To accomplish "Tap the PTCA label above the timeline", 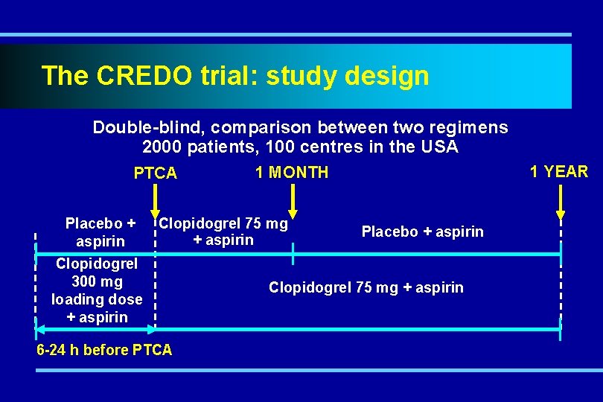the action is (155, 173).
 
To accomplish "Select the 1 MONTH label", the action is (291, 173).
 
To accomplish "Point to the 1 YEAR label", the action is (558, 172).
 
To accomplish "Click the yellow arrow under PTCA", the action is (155, 199).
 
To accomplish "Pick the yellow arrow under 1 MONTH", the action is (293, 201).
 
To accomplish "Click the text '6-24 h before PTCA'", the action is (104, 350).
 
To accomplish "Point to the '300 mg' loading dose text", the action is (97, 281).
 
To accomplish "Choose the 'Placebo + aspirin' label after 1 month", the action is (422, 232).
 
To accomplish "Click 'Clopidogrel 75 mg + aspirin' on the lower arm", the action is (366, 287).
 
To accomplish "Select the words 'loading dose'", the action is (97, 299).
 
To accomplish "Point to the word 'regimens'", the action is (468, 127).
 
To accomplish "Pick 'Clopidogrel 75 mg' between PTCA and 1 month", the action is (224, 223).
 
